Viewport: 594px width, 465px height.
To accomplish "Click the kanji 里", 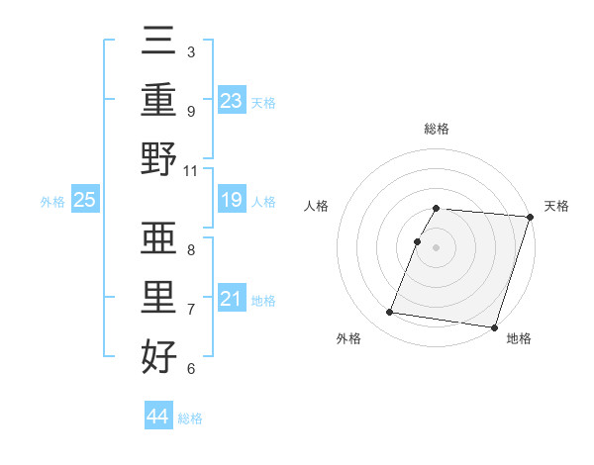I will click(x=159, y=297).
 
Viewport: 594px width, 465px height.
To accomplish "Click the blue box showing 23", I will click(x=232, y=100).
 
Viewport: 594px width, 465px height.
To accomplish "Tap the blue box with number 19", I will click(x=232, y=201).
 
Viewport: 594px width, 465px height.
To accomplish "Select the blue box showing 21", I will click(x=232, y=299).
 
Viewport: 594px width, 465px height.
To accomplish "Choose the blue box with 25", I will click(x=84, y=201).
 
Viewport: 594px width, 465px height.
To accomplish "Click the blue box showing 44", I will click(x=157, y=417).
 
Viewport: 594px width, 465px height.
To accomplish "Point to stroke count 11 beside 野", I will click(x=191, y=170).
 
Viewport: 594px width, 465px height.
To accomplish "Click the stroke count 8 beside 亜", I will click(x=191, y=249).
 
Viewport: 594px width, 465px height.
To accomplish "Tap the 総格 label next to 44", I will click(x=190, y=418).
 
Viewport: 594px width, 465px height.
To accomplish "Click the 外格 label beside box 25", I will click(x=52, y=202).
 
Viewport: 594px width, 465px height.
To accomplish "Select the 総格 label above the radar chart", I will click(x=437, y=130).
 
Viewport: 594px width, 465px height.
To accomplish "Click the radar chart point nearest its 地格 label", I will click(x=494, y=327).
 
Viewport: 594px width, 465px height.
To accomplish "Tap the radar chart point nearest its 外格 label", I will click(x=390, y=313).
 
